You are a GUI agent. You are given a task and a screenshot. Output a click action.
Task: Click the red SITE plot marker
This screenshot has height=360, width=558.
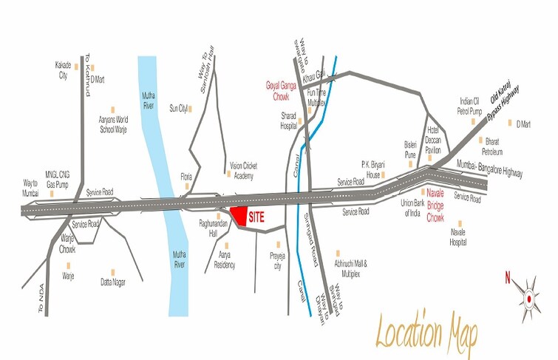[x=239, y=216]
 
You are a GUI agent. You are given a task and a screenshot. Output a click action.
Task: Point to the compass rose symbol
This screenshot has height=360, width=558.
[x=528, y=298]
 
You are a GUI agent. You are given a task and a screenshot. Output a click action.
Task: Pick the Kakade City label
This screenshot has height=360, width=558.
[x=63, y=70]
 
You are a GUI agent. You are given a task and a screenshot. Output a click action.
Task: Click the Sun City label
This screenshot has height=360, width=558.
[x=178, y=109]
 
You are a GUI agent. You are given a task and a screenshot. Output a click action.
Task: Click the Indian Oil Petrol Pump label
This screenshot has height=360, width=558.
[x=469, y=106]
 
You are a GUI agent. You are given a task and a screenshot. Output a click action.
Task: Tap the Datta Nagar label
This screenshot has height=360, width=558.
[x=114, y=282]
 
